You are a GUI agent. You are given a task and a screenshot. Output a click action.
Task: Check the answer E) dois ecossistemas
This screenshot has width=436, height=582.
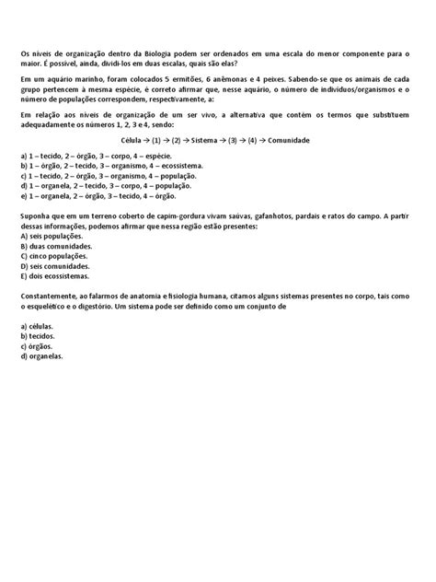[x=56, y=275]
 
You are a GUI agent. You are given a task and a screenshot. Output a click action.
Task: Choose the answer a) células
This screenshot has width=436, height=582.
[x=38, y=326]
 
